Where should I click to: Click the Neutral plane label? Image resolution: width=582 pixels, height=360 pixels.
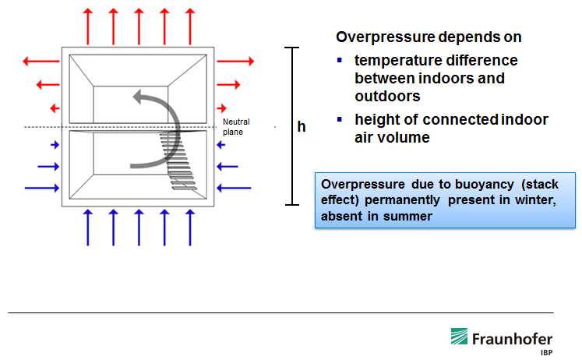tap(236, 126)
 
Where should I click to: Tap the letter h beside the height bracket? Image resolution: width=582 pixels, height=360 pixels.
tap(302, 126)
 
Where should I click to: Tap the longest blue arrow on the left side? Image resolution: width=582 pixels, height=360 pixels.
tap(41, 188)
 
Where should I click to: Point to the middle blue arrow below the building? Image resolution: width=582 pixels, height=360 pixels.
tap(139, 228)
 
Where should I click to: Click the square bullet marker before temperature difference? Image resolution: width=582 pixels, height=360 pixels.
tap(340, 61)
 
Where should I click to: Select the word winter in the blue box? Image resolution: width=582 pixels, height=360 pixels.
tap(511, 201)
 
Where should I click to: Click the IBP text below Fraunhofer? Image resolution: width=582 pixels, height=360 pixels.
tap(545, 351)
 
